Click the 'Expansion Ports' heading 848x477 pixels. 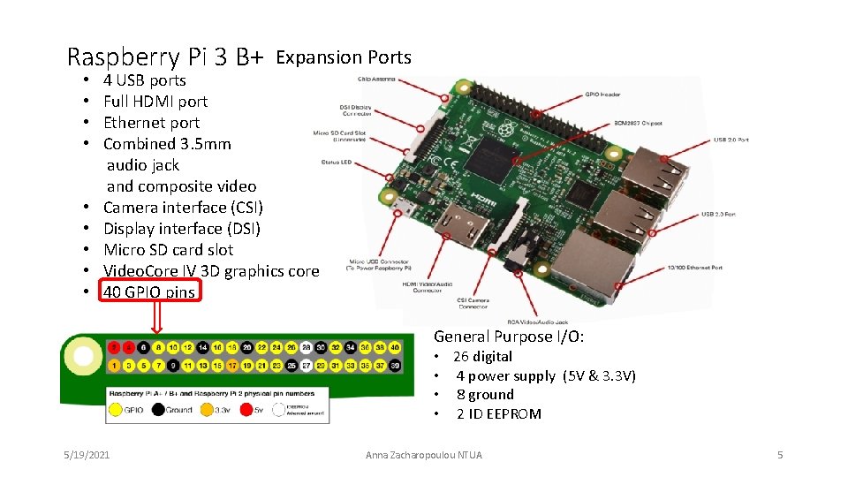(x=344, y=57)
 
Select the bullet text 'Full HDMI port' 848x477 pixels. (x=155, y=102)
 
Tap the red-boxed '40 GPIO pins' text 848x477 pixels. (x=149, y=292)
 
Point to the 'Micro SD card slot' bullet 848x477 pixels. (x=168, y=250)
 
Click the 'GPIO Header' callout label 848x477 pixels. (x=604, y=95)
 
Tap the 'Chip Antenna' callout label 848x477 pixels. (x=376, y=79)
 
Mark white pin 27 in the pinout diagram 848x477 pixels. (x=306, y=365)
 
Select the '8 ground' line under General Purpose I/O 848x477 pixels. (x=484, y=395)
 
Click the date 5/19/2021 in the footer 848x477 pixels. (x=87, y=455)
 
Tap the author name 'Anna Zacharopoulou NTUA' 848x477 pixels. (x=424, y=455)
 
